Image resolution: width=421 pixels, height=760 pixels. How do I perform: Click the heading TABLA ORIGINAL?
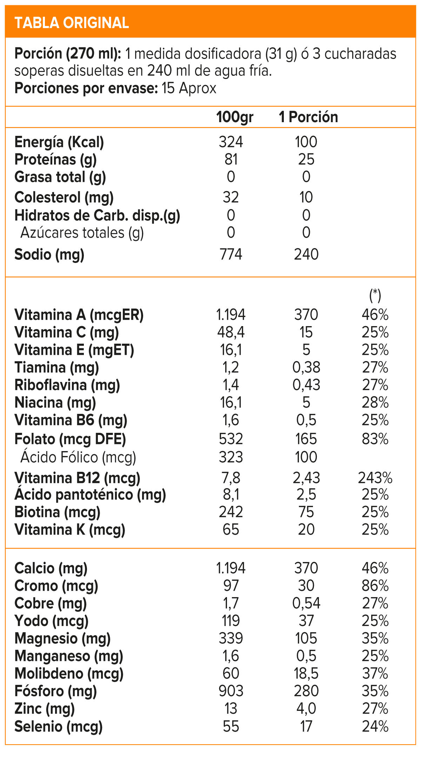[72, 23]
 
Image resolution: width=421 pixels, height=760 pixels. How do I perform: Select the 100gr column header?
[234, 117]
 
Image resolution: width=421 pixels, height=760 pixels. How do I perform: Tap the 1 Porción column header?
[308, 117]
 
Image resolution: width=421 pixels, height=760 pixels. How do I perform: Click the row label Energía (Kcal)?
[59, 142]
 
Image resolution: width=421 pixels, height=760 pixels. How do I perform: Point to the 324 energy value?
[231, 142]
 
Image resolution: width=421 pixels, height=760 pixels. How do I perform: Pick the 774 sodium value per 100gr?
[231, 255]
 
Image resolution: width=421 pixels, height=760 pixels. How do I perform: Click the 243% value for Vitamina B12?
[375, 478]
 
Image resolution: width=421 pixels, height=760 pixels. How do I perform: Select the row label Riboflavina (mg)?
[67, 385]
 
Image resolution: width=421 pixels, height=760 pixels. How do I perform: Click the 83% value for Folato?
[375, 439]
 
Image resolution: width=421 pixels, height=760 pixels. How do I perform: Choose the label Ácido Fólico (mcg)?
[78, 457]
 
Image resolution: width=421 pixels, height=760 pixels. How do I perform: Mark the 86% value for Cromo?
[375, 586]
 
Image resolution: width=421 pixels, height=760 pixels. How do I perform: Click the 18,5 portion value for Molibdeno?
[306, 674]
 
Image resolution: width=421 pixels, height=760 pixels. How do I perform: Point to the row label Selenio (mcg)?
[58, 727]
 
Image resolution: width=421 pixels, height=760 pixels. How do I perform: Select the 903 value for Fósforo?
[231, 691]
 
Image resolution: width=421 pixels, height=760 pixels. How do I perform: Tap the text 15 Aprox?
[189, 88]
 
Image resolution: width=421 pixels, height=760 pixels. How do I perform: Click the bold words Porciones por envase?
[86, 88]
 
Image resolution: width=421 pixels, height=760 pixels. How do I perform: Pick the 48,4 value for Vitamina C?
[231, 332]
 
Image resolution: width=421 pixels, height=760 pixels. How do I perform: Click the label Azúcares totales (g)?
[82, 233]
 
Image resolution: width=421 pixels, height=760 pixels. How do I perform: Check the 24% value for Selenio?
[375, 727]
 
